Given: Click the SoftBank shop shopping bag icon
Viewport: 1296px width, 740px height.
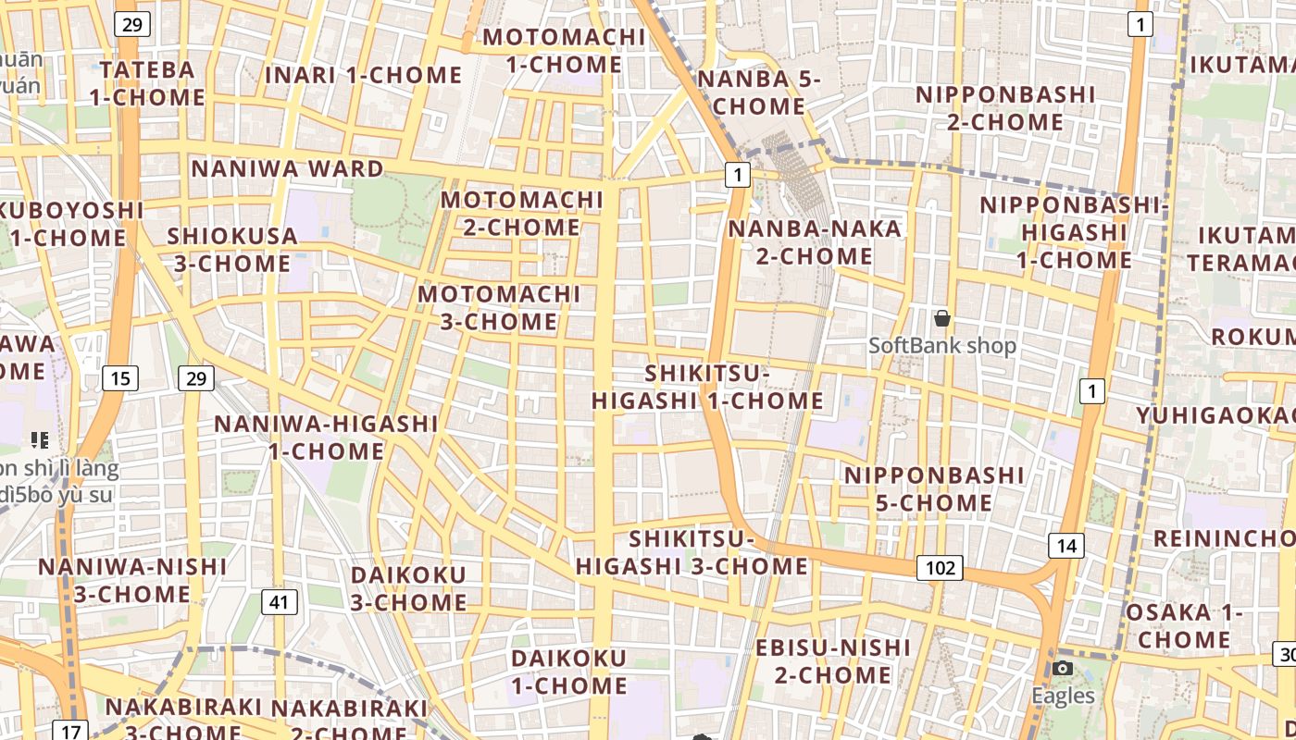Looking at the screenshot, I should click(942, 319).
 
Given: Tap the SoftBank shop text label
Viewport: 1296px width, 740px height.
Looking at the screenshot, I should click(942, 346).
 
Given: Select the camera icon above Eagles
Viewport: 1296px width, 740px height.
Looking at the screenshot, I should click(1063, 669).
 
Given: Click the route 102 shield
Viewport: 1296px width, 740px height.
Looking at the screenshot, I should click(940, 568).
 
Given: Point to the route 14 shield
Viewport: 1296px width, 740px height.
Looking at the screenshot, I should click(1066, 546).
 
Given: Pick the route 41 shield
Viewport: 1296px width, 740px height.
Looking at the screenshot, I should click(280, 603).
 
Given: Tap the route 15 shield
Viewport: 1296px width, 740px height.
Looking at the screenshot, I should click(120, 377).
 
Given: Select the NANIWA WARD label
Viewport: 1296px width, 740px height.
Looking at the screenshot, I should click(287, 169).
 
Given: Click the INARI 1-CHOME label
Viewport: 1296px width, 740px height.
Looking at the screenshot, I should click(364, 76).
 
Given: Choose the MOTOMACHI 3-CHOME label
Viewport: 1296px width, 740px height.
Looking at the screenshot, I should click(499, 308).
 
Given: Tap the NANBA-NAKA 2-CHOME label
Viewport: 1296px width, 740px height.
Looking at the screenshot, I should click(815, 242).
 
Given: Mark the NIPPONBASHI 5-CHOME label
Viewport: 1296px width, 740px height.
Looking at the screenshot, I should click(935, 489).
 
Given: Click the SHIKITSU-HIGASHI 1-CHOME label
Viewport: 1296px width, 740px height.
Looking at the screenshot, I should click(707, 388).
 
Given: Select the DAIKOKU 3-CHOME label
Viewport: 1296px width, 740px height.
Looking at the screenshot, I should click(408, 588).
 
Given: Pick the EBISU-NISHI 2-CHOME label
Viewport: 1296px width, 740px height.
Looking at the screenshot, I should click(833, 660).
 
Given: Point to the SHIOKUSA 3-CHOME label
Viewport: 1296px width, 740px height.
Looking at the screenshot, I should click(232, 250).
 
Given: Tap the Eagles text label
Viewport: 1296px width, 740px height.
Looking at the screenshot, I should click(1064, 697).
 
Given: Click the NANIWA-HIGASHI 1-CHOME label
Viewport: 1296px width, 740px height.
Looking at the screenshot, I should click(326, 438).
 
